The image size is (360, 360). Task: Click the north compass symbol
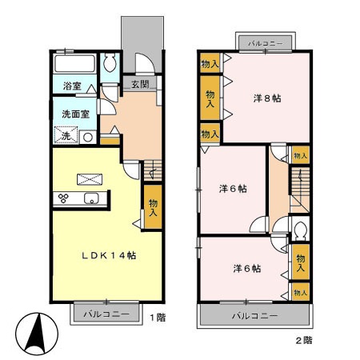click(x=37, y=334)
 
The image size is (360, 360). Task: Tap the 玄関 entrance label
click(x=140, y=84)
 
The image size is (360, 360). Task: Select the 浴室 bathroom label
click(x=72, y=86)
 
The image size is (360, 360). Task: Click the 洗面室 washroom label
click(x=75, y=114)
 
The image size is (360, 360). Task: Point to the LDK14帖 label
click(x=109, y=255)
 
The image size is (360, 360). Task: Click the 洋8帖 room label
click(x=267, y=98)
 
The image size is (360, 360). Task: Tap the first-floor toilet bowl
click(x=110, y=63)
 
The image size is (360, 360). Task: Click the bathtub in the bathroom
click(x=74, y=63)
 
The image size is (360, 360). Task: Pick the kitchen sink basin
click(x=91, y=198)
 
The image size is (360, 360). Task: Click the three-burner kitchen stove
click(x=63, y=198)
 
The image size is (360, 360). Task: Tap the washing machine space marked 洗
click(x=66, y=135)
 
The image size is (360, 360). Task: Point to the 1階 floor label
click(x=158, y=318)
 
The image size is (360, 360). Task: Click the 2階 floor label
click(x=304, y=340)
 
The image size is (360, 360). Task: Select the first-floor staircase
click(x=153, y=170)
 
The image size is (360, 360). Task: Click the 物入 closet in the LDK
click(x=153, y=207)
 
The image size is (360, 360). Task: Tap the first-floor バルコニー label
click(x=106, y=314)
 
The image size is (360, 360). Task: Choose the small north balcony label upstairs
click(x=266, y=43)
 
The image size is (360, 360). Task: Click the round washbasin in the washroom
click(x=88, y=138)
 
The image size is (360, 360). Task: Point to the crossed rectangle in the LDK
click(x=90, y=179)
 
